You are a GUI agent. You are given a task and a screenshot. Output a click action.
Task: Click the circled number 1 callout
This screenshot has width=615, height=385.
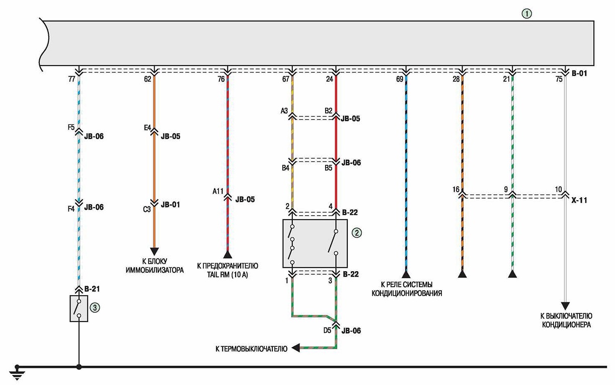click(526, 14)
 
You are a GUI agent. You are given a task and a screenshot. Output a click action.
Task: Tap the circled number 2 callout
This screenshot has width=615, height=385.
click(357, 233)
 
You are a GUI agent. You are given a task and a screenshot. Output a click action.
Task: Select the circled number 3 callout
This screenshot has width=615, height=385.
click(95, 307)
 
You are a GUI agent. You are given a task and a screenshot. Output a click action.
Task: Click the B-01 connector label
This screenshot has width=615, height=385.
click(579, 74)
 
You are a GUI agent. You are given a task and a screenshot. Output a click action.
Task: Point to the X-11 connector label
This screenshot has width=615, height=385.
click(579, 200)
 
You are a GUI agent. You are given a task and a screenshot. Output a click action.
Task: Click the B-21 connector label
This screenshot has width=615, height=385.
click(92, 289)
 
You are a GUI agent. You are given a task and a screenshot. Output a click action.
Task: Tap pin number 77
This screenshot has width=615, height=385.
click(71, 79)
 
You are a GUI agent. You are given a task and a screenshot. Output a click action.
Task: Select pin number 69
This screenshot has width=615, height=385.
click(400, 79)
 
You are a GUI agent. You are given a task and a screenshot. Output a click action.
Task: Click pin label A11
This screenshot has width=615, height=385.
click(218, 191)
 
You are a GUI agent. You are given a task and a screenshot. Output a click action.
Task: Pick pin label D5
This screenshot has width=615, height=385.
click(327, 330)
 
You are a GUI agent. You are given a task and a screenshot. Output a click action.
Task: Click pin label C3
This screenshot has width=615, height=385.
click(147, 210)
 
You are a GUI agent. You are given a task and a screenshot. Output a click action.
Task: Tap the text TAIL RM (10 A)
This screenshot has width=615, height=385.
click(227, 275)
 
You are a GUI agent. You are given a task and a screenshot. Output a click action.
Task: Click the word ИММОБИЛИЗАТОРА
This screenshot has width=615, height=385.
click(155, 270)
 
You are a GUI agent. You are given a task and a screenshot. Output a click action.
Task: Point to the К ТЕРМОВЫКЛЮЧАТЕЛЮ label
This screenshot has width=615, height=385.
click(252, 349)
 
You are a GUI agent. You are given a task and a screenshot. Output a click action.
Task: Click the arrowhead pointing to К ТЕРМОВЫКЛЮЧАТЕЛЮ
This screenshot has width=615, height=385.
click(295, 348)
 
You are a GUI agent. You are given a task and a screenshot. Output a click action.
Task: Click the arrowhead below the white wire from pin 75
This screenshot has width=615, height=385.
click(565, 306)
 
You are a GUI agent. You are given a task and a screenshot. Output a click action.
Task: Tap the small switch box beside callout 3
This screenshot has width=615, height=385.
click(79, 308)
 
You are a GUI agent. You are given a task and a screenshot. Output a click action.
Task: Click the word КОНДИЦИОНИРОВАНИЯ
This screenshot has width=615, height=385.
click(407, 293)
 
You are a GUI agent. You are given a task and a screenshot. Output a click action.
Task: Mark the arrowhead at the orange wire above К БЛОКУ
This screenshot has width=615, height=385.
click(155, 251)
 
